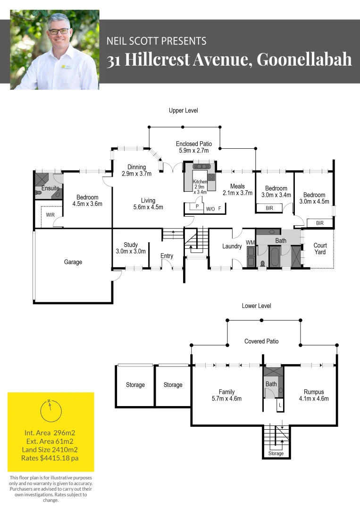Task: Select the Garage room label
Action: click(73, 262)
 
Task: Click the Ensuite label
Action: click(50, 188)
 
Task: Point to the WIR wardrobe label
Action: click(50, 215)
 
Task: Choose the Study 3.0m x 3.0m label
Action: click(131, 248)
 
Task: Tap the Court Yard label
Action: click(320, 249)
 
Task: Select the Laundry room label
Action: click(232, 246)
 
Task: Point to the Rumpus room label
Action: click(314, 395)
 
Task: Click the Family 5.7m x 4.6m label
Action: click(226, 395)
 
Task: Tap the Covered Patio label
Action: click(261, 341)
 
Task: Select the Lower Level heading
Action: click(256, 306)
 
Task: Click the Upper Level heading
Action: click(183, 110)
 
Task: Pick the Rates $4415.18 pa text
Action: click(50, 458)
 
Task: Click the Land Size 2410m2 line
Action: click(50, 450)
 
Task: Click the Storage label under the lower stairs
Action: click(276, 453)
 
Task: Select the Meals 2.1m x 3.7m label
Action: click(238, 189)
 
